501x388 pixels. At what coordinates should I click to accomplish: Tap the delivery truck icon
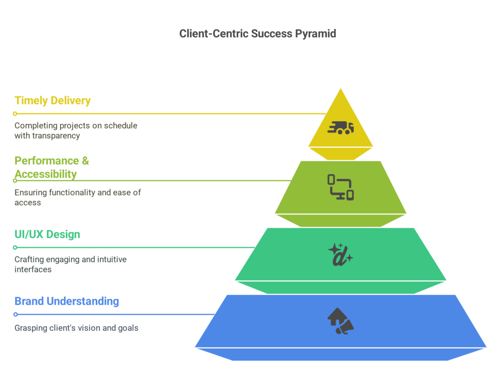click(341, 128)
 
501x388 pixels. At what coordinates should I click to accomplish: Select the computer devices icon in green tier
click(341, 187)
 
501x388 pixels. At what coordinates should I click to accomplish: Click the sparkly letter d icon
click(340, 254)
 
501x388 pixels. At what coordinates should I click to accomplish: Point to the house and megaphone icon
click(341, 321)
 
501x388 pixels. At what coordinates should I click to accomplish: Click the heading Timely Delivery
click(52, 100)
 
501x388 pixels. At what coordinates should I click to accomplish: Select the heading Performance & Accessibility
click(51, 167)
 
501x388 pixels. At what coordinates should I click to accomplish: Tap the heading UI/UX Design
click(47, 234)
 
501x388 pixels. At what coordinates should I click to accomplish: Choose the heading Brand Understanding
click(67, 301)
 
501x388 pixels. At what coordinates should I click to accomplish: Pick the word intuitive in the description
click(108, 259)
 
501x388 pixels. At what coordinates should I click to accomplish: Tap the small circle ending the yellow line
click(15, 114)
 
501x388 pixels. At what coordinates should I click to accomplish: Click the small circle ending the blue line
click(15, 314)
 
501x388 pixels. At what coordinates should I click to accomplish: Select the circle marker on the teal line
click(15, 247)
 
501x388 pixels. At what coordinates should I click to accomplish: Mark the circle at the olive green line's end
click(15, 180)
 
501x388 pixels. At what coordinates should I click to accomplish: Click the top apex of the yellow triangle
click(341, 89)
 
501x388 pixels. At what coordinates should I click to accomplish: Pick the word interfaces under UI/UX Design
click(33, 269)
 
